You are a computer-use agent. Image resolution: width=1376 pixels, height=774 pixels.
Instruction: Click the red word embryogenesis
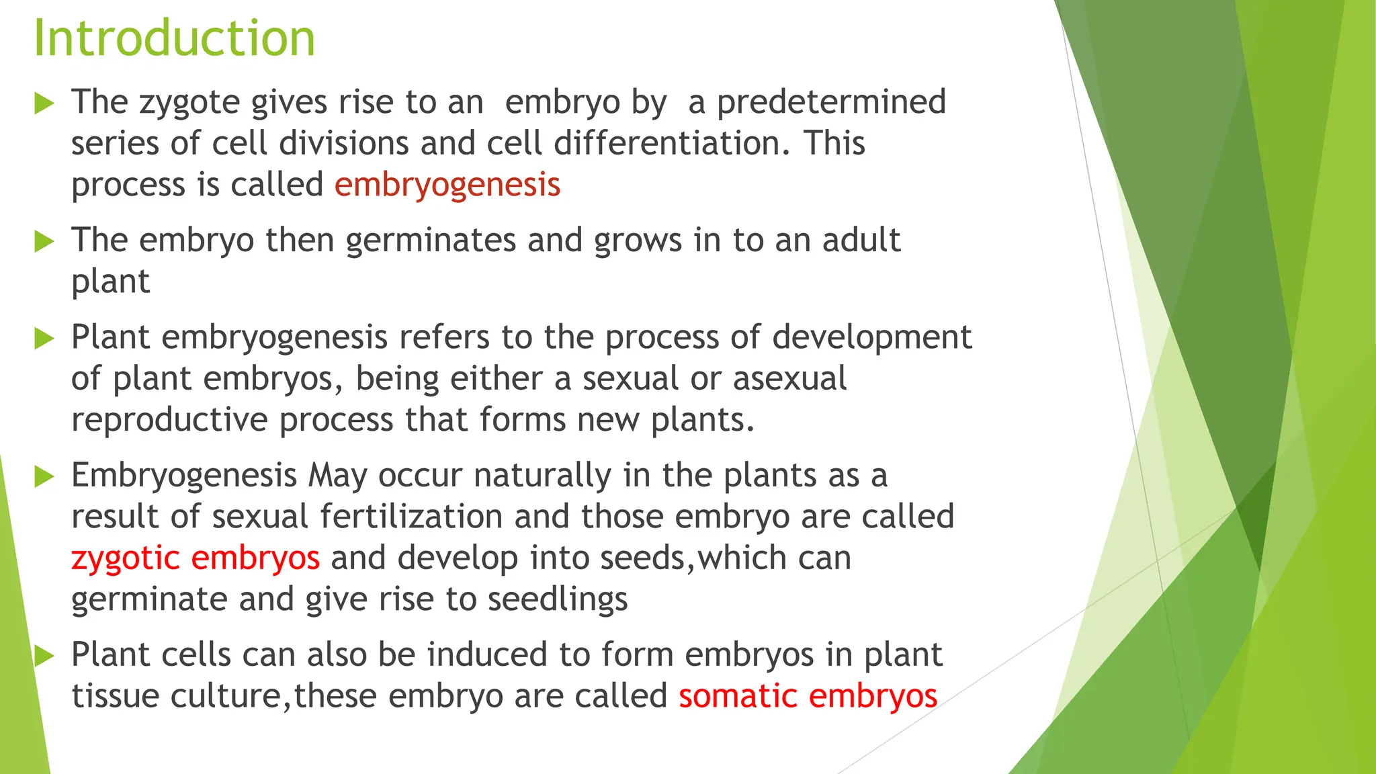click(447, 185)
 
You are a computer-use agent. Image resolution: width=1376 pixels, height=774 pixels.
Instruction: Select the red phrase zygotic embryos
click(195, 558)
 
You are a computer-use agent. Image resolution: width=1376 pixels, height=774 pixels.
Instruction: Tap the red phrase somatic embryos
click(808, 696)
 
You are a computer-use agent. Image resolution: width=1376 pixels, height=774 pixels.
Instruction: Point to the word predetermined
click(831, 103)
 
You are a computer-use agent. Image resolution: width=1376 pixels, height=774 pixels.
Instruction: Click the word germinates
click(431, 241)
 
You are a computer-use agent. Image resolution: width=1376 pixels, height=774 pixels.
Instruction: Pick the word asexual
click(789, 379)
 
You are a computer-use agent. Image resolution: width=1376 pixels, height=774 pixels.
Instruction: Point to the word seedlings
click(558, 600)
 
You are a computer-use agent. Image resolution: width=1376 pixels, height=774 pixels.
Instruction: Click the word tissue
click(115, 696)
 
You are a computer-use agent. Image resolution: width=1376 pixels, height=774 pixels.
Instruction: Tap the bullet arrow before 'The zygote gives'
click(44, 103)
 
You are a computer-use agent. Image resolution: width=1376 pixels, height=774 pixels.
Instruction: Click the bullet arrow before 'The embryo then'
click(44, 241)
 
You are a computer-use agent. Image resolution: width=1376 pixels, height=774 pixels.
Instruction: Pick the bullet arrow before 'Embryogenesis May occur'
click(44, 476)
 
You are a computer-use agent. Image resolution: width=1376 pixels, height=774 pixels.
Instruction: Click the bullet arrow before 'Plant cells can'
click(44, 656)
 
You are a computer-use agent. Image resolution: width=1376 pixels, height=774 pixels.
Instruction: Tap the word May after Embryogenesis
click(337, 476)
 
